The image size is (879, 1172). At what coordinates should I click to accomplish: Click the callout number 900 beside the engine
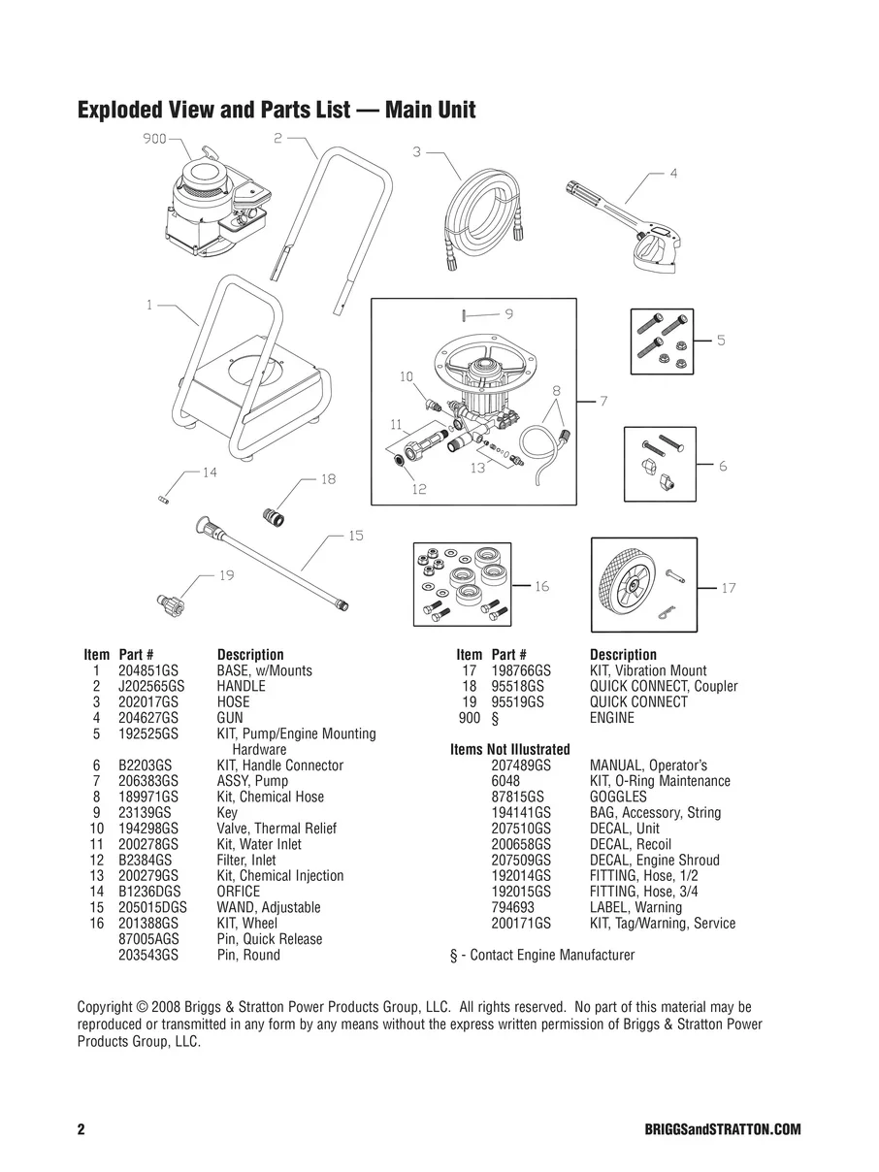click(x=154, y=139)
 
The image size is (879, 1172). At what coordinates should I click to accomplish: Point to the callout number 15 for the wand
click(x=355, y=536)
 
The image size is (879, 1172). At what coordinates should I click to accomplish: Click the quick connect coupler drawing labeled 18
click(x=276, y=514)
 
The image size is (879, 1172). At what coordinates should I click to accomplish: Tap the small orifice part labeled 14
click(x=164, y=498)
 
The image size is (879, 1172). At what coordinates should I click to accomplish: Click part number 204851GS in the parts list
click(x=148, y=670)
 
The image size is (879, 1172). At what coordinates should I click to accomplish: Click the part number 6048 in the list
click(x=505, y=781)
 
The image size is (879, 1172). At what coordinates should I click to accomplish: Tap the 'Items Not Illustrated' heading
click(x=509, y=749)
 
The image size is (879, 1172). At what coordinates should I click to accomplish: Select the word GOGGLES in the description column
click(x=618, y=797)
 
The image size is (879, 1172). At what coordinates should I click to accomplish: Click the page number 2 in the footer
click(x=81, y=1130)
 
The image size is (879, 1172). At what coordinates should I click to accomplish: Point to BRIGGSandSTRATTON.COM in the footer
click(x=722, y=1130)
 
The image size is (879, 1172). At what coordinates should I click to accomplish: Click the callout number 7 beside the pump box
click(x=602, y=401)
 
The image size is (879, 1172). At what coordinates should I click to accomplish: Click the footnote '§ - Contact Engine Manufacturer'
click(x=542, y=955)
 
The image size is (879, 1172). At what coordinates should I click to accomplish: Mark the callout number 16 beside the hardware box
click(x=541, y=586)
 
